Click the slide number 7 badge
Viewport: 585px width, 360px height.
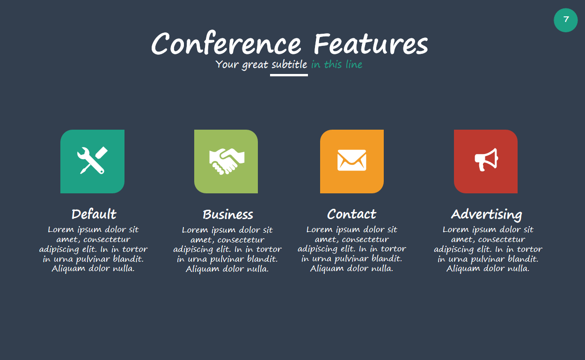565,20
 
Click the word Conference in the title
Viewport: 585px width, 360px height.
226,44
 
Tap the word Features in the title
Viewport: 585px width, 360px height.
371,44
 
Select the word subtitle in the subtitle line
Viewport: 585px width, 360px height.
289,64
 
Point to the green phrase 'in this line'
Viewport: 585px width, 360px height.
336,64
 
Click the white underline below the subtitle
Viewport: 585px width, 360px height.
289,75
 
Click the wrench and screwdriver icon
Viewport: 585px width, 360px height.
93,161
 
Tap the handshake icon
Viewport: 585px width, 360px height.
227,161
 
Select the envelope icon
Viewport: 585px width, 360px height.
352,160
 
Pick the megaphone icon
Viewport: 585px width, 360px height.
486,160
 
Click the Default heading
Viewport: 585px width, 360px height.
94,214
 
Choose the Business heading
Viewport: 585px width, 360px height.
228,214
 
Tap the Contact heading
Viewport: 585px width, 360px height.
351,214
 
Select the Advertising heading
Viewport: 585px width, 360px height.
487,215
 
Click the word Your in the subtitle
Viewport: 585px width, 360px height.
227,64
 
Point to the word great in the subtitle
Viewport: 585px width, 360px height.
255,65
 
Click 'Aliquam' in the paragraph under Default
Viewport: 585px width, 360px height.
68,269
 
